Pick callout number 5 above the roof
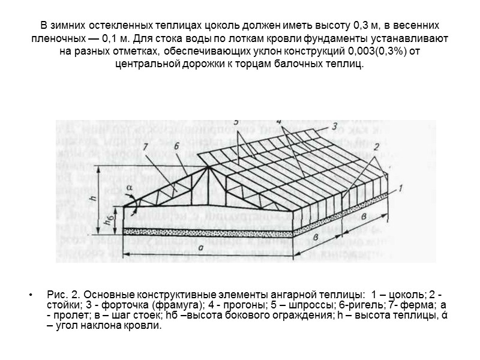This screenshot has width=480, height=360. click(236, 122)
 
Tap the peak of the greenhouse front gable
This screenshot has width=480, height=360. click(208, 167)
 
